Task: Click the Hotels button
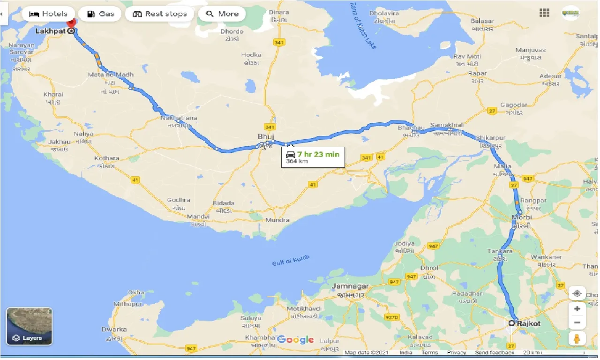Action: [48, 14]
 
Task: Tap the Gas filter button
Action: [101, 14]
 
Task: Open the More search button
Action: [222, 14]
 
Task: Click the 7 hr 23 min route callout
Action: [313, 157]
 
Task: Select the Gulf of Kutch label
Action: [291, 261]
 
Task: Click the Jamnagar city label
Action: [350, 286]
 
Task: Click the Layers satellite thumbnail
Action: [29, 326]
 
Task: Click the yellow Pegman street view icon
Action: [577, 338]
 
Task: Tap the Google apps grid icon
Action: [544, 13]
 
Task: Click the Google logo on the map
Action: [295, 339]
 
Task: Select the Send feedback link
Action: [494, 352]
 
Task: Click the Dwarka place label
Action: [114, 329]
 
